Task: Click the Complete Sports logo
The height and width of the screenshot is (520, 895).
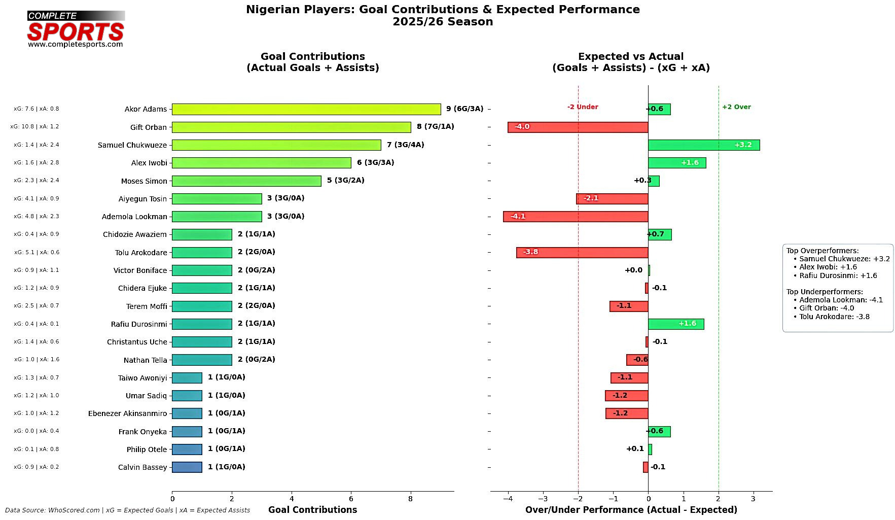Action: point(76,29)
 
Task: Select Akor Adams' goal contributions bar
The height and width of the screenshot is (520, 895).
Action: point(306,109)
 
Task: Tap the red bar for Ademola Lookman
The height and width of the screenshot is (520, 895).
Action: point(575,217)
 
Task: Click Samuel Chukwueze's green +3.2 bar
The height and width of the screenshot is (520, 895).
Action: point(703,145)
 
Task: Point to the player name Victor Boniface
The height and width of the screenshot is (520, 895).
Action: point(140,270)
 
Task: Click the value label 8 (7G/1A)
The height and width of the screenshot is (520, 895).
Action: point(435,127)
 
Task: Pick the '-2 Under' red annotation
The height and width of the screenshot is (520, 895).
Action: point(582,107)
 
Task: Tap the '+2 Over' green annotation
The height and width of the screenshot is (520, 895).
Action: point(736,107)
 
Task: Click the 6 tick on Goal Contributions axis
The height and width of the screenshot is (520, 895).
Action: point(351,499)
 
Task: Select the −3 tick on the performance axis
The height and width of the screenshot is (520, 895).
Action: point(543,499)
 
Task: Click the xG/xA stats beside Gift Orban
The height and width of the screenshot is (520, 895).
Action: point(34,127)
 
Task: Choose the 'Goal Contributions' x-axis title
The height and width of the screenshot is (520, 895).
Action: point(312,510)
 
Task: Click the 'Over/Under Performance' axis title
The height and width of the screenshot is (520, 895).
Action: point(631,510)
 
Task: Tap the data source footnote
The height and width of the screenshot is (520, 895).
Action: point(127,510)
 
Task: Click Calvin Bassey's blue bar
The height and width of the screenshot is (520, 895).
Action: point(187,467)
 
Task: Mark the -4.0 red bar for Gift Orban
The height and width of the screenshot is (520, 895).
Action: point(578,127)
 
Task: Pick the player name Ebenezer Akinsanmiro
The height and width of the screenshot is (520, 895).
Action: point(127,413)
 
